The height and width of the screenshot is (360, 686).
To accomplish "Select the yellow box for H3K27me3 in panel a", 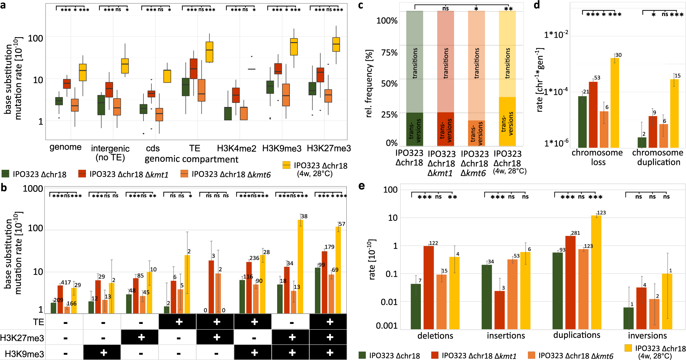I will coord(336,44).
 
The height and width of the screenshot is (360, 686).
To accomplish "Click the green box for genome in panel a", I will coord(59,101).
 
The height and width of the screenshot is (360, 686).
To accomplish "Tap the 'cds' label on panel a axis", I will coord(153,148).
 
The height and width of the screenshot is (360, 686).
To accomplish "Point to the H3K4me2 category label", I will coord(236,148).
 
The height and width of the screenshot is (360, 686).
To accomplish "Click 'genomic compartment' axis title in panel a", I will coord(191,159).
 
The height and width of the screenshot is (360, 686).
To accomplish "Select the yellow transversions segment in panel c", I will coord(507,121).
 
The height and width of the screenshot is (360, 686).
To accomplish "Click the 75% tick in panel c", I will coord(389,52).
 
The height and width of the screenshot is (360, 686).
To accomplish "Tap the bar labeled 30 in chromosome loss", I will coord(614,103).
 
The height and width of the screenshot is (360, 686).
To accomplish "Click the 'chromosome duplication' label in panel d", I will coord(658,157).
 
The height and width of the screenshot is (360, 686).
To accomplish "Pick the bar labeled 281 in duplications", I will coord(570,282).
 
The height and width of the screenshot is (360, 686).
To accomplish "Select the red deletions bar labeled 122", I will coord(429,287).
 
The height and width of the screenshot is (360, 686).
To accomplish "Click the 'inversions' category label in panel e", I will coord(647,335).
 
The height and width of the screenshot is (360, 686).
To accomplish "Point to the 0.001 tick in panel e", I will coord(386,326).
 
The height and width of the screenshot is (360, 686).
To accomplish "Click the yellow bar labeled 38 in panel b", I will coord(301,266).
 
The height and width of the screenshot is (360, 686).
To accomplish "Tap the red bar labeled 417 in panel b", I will coord(60,299).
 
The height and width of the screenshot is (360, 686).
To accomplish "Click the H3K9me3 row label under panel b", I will coord(24,354).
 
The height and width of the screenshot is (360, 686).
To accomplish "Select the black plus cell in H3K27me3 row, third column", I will coord(141,337).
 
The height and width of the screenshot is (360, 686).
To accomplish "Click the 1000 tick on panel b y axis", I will coord(33,189).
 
